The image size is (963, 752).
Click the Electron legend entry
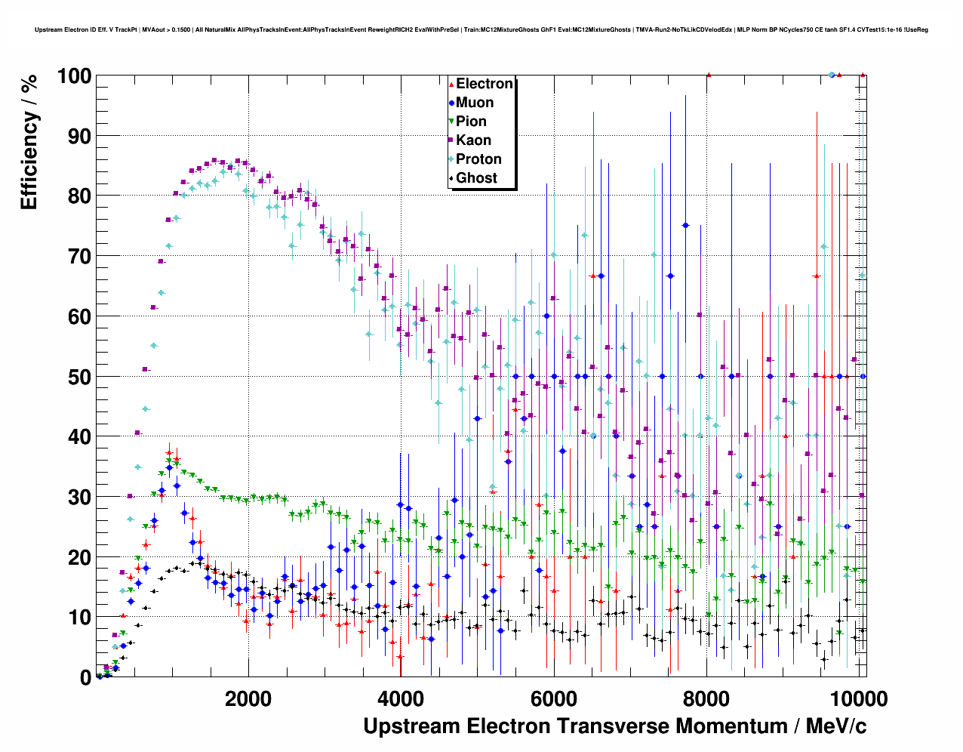pos(484,84)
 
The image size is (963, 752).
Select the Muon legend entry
pos(475,103)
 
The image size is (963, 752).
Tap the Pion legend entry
pos(471,122)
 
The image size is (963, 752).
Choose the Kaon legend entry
pos(473,140)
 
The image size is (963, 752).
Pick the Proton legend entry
pos(478,159)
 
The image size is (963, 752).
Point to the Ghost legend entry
pos(476,178)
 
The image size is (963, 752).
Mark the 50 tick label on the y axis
pos(79,377)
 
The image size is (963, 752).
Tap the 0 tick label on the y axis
pos(85,678)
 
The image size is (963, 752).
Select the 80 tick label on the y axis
pos(79,196)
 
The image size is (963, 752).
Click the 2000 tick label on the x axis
pos(248,699)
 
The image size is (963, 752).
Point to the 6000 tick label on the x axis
pos(553,699)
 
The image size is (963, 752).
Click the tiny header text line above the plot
pos(481,30)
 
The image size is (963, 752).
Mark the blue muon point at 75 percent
pos(685,225)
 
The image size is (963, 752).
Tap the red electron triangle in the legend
pos(451,84)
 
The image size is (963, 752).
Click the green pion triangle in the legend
pos(451,122)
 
